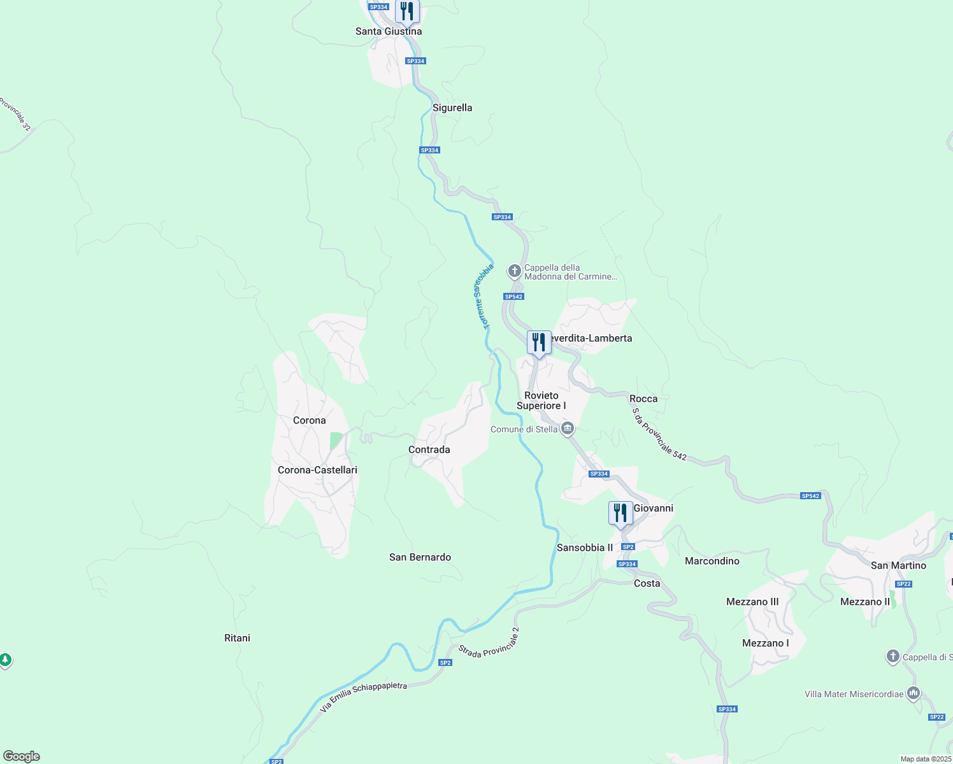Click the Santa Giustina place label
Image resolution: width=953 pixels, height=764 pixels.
[388, 31]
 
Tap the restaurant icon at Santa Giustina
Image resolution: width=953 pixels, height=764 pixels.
[406, 11]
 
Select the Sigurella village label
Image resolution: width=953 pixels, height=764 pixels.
[452, 108]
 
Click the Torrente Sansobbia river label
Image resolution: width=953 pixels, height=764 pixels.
[484, 297]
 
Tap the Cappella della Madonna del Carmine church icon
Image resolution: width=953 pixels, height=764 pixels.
[515, 271]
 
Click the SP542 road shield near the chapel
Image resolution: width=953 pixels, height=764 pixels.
[513, 297]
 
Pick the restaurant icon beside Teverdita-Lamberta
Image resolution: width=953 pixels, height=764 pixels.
[539, 343]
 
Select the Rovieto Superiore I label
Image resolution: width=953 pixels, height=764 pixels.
[541, 400]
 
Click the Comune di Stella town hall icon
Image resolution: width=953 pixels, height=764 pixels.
[568, 429]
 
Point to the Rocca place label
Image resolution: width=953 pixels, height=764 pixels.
[643, 399]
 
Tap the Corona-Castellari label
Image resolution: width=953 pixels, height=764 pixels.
[317, 470]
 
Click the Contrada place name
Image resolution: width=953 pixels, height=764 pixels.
[429, 449]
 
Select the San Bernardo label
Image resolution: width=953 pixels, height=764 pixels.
[420, 557]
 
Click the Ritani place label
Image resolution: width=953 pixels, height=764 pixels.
[237, 638]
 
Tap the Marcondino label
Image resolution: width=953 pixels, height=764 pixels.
[712, 561]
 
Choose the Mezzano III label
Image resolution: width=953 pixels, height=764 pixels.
[752, 602]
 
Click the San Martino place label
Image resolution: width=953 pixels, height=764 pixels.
[898, 565]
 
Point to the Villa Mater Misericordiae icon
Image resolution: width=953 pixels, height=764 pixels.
[914, 693]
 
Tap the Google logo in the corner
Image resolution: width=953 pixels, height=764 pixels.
[22, 756]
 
